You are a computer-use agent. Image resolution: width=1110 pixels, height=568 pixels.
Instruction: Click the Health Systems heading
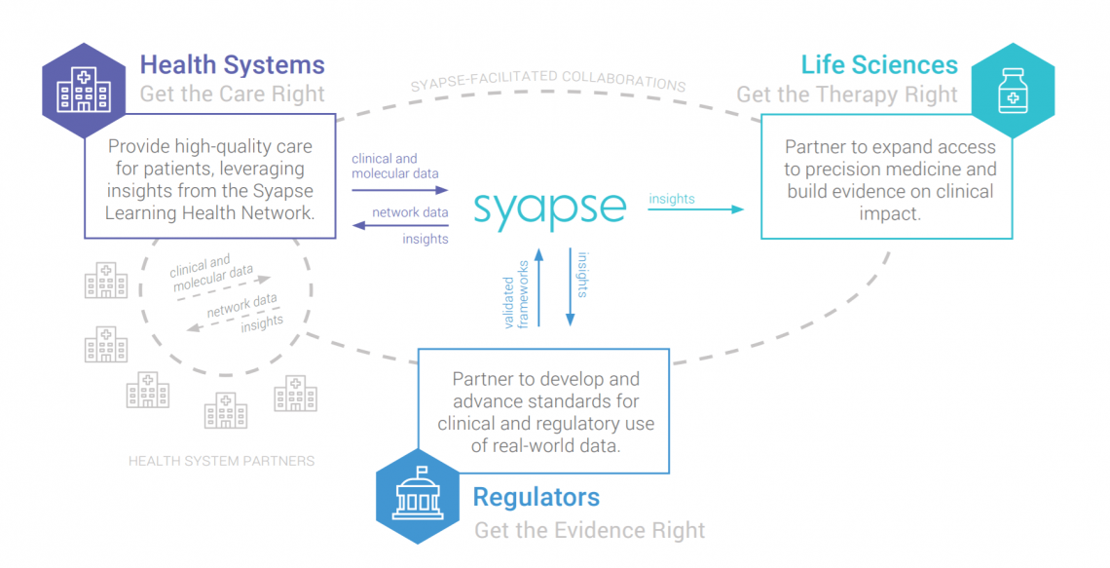[232, 65]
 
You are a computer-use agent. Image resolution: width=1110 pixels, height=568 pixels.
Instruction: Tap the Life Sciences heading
[879, 65]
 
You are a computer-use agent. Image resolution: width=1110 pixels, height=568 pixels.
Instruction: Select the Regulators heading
[536, 497]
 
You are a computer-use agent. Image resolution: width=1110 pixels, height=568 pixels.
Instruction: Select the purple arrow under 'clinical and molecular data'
[399, 190]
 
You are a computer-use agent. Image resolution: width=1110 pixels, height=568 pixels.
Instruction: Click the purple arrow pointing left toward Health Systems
[399, 225]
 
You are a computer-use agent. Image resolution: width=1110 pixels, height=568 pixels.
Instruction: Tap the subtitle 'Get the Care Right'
[232, 95]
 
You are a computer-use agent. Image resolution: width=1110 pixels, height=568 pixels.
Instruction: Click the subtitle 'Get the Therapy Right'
[847, 95]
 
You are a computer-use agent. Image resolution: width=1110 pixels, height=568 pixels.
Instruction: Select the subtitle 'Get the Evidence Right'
[589, 530]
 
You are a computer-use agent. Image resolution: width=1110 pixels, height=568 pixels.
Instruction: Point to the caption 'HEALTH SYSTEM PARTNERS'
[222, 461]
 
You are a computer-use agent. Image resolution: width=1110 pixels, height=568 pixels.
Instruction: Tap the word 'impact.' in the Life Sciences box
[890, 213]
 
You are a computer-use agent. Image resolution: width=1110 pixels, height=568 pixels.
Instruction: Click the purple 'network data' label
[410, 211]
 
